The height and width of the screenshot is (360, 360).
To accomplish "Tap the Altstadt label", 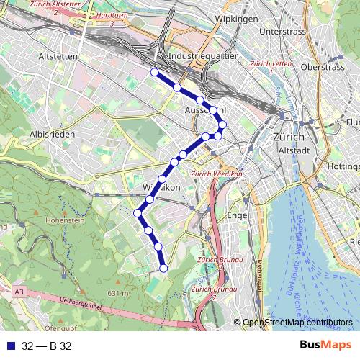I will click(292, 150).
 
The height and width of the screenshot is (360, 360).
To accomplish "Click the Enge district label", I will click(236, 215).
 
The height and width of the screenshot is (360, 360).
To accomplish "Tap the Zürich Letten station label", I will click(268, 64).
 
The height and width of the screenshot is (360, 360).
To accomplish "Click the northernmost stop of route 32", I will click(154, 71).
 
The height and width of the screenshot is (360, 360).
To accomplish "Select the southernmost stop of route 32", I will click(163, 269).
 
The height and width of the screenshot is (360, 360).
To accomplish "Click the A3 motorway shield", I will click(18, 291).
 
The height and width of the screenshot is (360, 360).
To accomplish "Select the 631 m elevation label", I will click(118, 293).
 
